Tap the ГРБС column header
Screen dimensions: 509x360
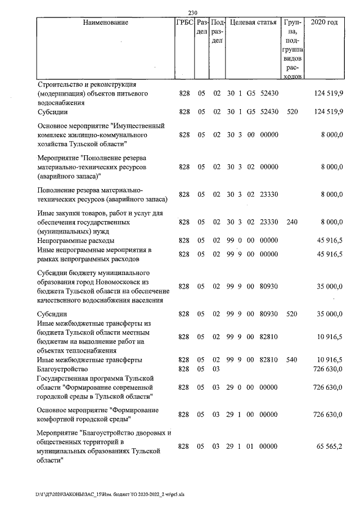point(184,23)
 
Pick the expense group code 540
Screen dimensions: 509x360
point(291,359)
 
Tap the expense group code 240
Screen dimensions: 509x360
point(291,222)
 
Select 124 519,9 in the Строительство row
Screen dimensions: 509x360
point(328,93)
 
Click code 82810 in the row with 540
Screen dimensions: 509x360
point(270,359)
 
